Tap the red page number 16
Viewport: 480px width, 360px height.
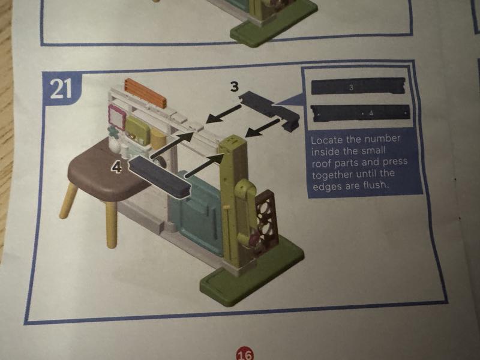tap(245, 355)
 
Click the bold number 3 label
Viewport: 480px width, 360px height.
tap(234, 86)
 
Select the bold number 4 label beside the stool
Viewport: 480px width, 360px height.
tap(116, 167)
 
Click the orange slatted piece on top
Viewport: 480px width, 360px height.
tap(145, 92)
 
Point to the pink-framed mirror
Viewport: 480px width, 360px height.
tap(116, 116)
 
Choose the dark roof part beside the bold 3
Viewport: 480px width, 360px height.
tap(269, 111)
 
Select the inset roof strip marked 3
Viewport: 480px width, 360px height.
tap(358, 86)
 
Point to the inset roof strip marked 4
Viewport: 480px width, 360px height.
tap(360, 113)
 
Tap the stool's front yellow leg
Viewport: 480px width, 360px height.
tap(112, 224)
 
